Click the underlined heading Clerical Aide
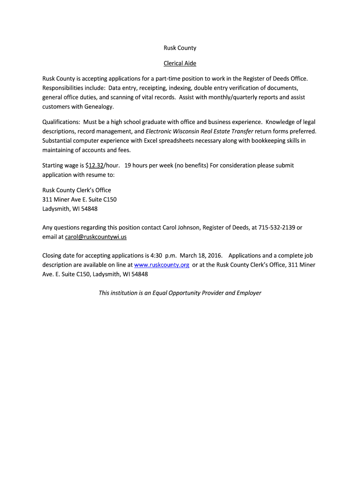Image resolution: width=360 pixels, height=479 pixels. pos(180,63)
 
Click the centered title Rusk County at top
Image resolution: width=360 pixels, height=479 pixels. pos(180,48)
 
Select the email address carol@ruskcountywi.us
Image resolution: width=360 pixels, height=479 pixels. pos(96,237)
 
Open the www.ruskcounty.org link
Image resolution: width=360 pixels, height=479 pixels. pos(162,265)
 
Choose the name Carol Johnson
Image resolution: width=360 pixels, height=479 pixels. pos(181,227)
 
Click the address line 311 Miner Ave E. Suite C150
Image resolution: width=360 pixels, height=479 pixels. pos(79,199)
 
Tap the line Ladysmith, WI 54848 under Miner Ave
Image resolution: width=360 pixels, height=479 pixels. pos(70,209)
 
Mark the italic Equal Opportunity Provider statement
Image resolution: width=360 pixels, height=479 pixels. pos(180,293)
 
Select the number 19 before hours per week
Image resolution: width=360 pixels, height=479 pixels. pos(128,165)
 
